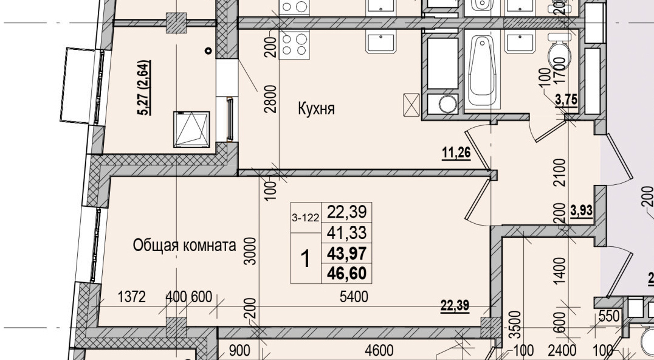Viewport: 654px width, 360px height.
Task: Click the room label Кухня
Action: coord(317,109)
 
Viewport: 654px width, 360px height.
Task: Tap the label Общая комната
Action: coord(184,246)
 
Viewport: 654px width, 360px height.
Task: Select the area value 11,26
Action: coord(456,153)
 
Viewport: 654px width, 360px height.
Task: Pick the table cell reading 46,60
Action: coord(346,274)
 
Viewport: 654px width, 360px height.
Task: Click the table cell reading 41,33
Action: coord(346,232)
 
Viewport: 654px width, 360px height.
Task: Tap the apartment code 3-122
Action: coord(306,217)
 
